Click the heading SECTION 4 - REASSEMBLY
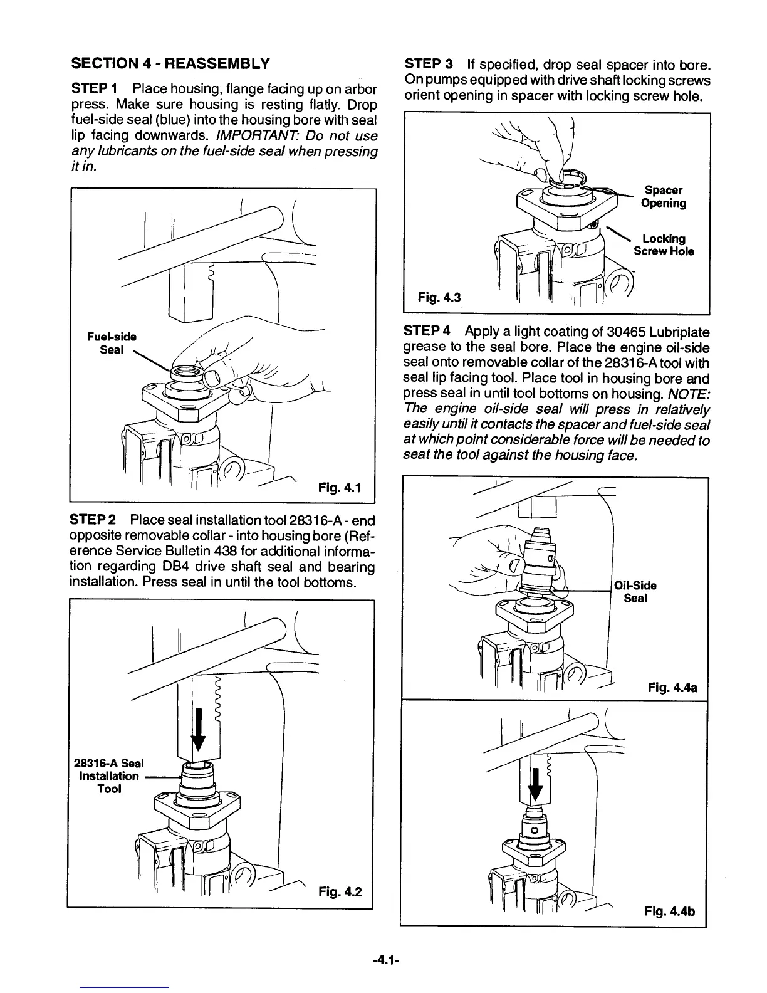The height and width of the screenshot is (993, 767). [170, 64]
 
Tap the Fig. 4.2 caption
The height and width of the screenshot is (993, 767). [340, 891]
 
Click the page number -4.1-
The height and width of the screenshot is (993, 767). [383, 959]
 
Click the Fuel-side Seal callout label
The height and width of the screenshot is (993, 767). [112, 343]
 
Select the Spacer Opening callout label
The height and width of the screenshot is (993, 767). [664, 196]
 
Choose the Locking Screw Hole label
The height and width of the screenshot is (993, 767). [664, 244]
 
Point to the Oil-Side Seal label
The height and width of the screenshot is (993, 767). [635, 591]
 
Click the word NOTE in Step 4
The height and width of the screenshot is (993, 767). [691, 394]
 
